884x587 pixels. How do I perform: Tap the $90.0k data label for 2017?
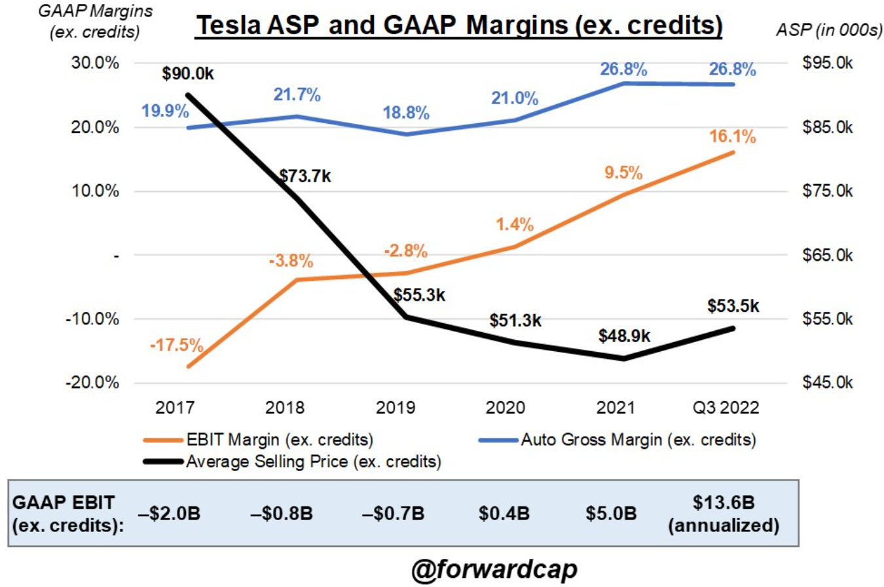[x=189, y=74]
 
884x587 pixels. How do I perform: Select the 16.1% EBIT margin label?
[x=733, y=138]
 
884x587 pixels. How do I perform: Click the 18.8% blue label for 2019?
[x=405, y=113]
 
